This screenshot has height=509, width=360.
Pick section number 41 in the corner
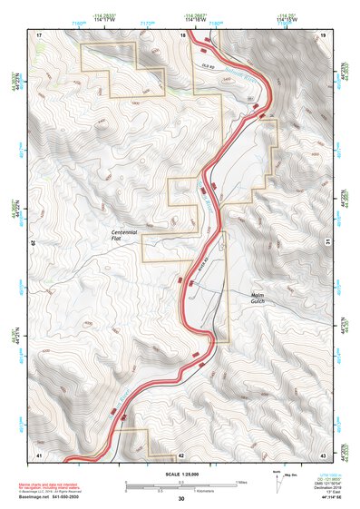(x=39, y=454)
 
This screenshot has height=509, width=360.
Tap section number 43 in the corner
(x=322, y=454)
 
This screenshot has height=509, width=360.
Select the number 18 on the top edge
(x=182, y=34)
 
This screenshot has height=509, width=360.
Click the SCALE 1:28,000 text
(x=180, y=475)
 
